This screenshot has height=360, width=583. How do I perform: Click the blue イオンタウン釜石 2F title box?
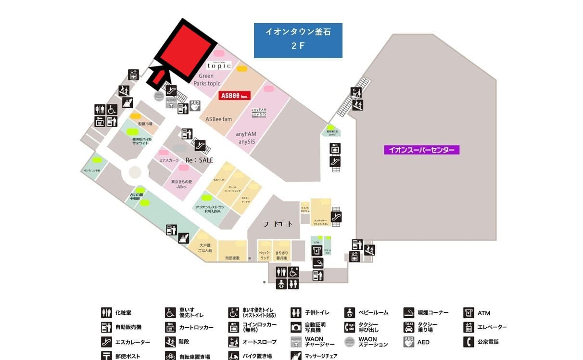(x=298, y=40)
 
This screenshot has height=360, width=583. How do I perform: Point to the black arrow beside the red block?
(x=159, y=77)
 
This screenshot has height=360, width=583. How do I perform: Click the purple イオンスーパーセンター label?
(x=422, y=150)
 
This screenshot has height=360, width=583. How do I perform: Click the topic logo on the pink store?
(x=219, y=65)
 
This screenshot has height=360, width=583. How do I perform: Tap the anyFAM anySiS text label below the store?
(x=246, y=138)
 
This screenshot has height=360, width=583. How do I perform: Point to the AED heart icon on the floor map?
(x=195, y=106)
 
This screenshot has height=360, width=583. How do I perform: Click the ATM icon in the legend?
(x=469, y=313)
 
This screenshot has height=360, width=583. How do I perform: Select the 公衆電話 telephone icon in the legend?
(x=469, y=342)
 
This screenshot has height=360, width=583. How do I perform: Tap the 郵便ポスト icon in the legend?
(x=106, y=356)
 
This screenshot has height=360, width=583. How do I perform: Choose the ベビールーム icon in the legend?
(x=350, y=313)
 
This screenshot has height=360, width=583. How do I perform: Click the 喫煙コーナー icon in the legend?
(x=409, y=313)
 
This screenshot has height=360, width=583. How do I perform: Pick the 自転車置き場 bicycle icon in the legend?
(x=170, y=356)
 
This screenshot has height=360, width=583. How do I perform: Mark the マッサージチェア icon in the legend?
(x=296, y=356)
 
